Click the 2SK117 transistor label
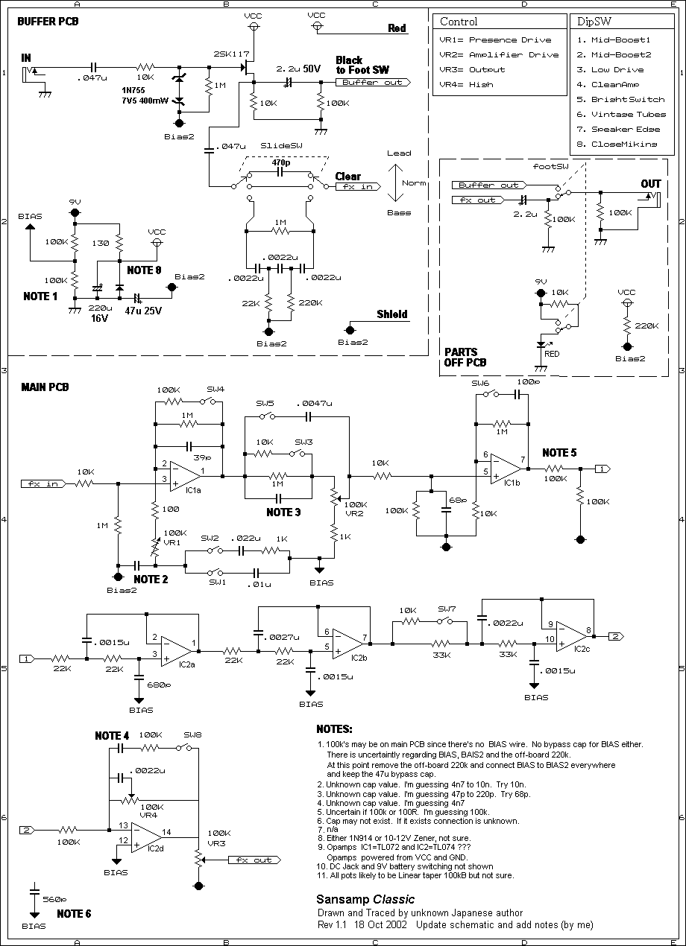pos(231,54)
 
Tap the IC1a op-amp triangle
pos(185,476)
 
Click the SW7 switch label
pos(447,609)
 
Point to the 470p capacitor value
pos(280,162)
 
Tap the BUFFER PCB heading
pos(48,22)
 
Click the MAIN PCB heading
pos(45,387)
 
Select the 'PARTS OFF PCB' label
pos(465,358)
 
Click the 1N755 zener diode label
pos(133,90)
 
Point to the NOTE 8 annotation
pos(144,270)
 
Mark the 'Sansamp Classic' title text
pos(365,899)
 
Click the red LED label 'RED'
pos(552,354)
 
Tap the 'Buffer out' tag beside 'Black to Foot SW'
pos(373,83)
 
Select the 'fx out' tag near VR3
pos(254,860)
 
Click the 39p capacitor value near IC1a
pos(202,457)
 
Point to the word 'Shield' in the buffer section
pos(391,314)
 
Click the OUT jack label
pos(651,184)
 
